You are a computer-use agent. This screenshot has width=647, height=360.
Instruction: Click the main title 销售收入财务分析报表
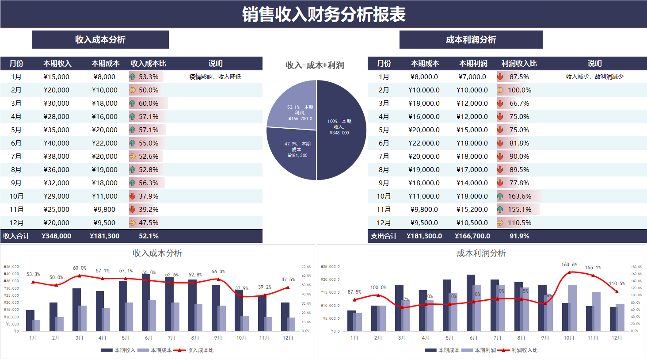[x=323, y=15]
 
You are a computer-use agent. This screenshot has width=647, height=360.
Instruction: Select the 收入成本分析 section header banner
[x=100, y=40]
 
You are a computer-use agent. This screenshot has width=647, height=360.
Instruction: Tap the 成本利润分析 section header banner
[x=471, y=40]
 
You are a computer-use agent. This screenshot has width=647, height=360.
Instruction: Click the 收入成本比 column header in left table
[x=148, y=64]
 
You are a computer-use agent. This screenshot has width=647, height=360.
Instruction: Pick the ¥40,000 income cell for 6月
[x=57, y=143]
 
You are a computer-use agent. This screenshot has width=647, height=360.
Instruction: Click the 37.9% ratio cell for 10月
[x=148, y=196]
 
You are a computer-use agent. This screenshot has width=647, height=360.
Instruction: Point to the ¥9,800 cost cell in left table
[x=105, y=210]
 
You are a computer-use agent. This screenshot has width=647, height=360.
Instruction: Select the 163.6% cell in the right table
[x=519, y=196]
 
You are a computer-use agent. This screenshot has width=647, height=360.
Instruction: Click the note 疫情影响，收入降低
[x=215, y=77]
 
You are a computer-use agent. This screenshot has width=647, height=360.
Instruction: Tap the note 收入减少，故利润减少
[x=594, y=77]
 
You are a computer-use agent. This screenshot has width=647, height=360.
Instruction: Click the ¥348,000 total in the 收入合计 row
[x=57, y=236]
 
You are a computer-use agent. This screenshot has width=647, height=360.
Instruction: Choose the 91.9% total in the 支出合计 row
[x=519, y=236]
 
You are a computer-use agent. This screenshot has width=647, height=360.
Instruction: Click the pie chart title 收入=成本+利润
[x=315, y=65]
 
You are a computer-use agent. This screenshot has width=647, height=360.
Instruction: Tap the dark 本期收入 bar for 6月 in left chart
[x=146, y=303]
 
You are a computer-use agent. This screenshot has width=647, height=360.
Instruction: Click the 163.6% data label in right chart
[x=569, y=264]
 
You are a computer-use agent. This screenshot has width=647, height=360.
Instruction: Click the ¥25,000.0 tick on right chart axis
[x=330, y=267]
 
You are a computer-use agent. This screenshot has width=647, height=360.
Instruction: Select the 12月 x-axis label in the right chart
[x=617, y=338]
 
